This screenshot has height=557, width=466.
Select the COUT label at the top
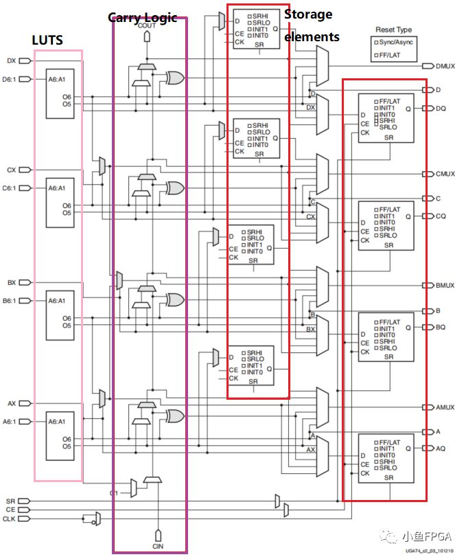[147, 25]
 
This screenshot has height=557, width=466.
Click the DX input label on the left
[11, 61]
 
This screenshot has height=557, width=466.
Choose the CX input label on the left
[11, 170]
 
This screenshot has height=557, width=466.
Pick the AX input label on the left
[11, 403]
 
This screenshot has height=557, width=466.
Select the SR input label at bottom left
[10, 502]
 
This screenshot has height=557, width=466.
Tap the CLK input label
[10, 519]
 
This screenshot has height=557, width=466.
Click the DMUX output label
[445, 66]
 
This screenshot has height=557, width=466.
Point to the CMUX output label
[445, 174]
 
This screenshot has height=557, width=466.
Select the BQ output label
[441, 328]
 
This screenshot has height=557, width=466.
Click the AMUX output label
[445, 407]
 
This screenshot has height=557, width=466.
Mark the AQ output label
[441, 448]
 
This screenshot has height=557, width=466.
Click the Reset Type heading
[393, 30]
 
